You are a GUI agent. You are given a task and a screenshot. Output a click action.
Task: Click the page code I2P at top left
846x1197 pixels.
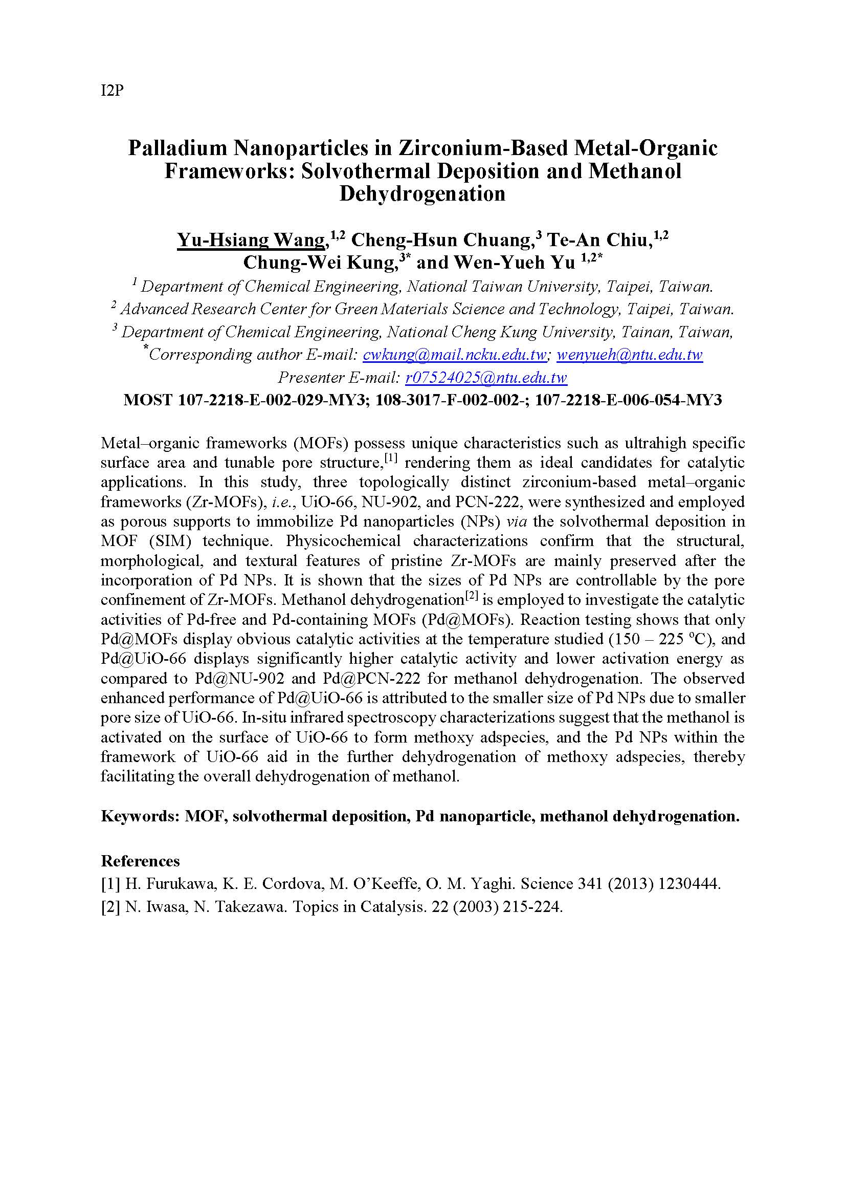(x=112, y=91)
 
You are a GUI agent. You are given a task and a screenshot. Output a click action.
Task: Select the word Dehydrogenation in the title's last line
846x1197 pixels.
(x=422, y=193)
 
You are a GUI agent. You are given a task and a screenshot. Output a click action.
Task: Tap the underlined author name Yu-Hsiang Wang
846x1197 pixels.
(x=251, y=241)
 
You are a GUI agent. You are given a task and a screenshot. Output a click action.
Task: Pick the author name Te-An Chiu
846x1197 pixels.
(x=599, y=241)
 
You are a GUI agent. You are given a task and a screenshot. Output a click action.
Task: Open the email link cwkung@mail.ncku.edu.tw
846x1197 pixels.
(x=455, y=355)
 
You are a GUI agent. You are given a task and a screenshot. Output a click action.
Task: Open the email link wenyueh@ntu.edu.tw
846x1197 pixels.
(x=630, y=355)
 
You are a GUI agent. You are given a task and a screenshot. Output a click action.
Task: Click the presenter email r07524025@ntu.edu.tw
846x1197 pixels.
(x=486, y=378)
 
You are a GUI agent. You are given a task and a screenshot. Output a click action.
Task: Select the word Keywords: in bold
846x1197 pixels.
(x=140, y=816)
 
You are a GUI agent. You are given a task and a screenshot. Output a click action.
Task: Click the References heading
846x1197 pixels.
(x=140, y=861)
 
